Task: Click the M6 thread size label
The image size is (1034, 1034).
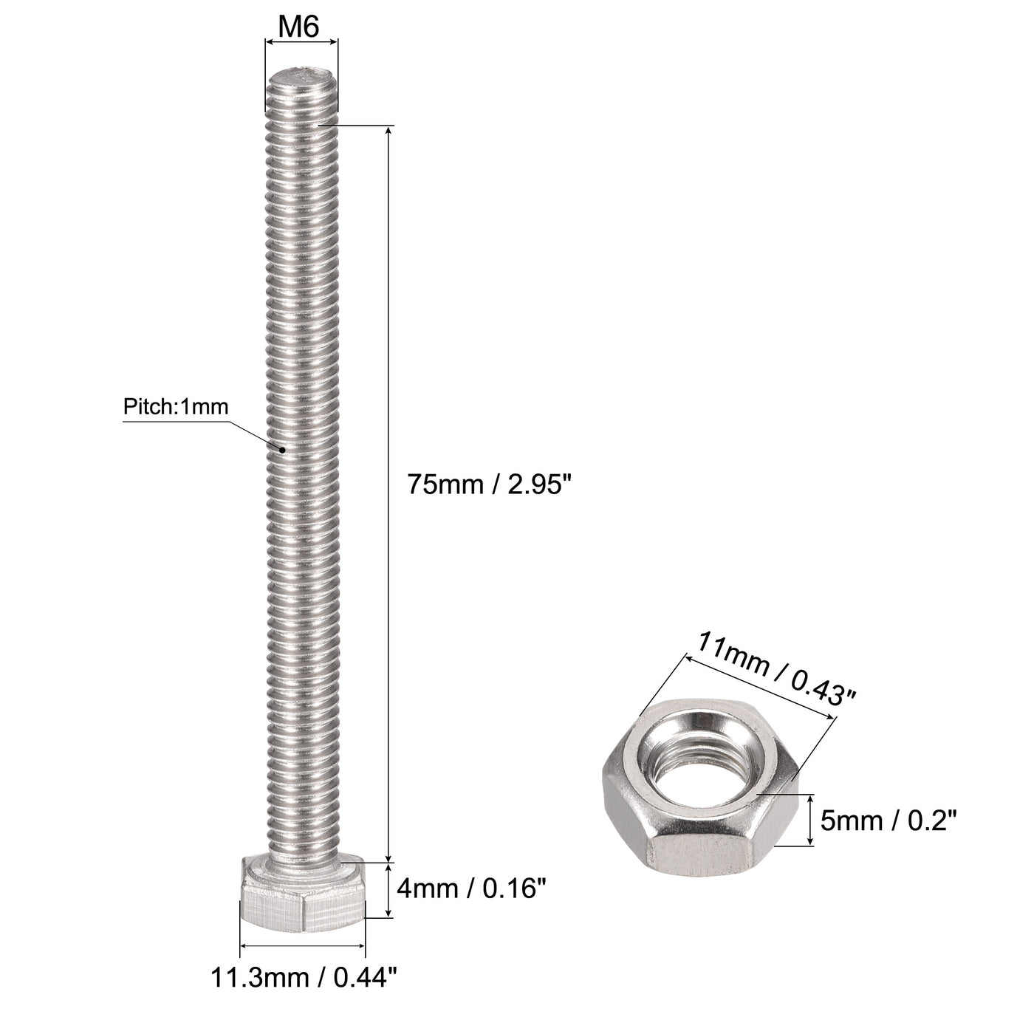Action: coord(300,27)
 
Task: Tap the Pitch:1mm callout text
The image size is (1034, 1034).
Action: coord(176,406)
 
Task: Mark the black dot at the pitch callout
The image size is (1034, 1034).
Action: coord(281,448)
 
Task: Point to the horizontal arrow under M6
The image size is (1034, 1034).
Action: coord(301,43)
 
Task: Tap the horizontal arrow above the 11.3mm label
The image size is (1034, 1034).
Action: coord(303,945)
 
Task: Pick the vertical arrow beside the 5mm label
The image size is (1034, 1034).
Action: coord(811,820)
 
